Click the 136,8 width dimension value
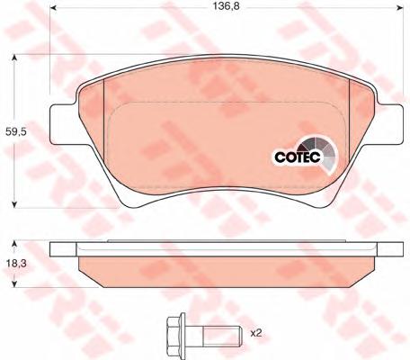click(227, 6)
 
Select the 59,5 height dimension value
click(16, 131)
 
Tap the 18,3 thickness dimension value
click(16, 264)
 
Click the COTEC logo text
click(298, 157)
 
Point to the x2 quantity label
click(256, 333)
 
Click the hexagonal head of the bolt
click(174, 333)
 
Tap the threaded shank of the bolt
click(222, 333)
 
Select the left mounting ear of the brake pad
click(63, 123)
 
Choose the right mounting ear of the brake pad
click(390, 123)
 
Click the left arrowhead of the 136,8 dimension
click(53, 7)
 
